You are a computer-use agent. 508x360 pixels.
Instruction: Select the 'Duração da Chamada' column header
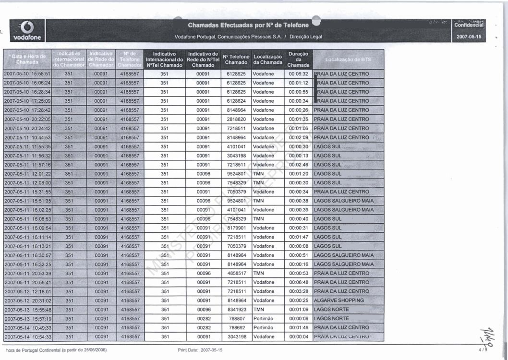coord(298,60)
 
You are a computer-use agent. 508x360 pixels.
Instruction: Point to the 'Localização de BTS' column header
coord(348,60)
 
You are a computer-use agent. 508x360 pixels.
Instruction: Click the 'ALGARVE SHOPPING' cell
coord(339,300)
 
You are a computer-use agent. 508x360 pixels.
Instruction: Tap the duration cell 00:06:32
coord(298,74)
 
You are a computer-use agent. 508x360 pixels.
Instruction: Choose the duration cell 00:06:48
coord(298,282)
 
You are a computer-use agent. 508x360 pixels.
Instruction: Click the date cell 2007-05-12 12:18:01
coord(27,291)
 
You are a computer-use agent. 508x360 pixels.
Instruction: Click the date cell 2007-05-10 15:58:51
coord(27,74)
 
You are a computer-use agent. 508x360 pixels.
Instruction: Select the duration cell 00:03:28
coord(298,291)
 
